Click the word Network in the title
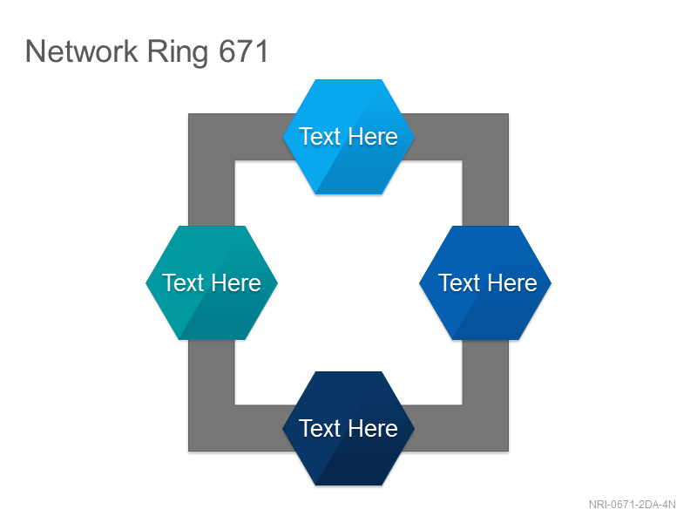coord(81,51)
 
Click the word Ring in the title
coord(178,53)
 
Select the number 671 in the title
coord(244,51)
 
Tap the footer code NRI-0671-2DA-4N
coord(633,505)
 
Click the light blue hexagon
coord(348,137)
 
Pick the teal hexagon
coord(212,282)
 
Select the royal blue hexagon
coord(485,282)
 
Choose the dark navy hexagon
coord(348,429)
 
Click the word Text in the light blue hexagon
coord(320,136)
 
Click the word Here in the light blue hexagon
coord(373,136)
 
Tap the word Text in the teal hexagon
coord(183,282)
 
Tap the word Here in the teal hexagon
coord(235,282)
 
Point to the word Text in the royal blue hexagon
coord(459,282)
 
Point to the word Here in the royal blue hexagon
coord(513,282)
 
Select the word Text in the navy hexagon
coord(320,428)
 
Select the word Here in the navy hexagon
coord(373,428)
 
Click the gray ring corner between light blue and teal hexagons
coord(212,137)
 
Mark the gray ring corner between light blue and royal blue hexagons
coord(485,137)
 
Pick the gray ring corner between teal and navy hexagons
coord(212,428)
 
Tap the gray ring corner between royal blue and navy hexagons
coord(485,428)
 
